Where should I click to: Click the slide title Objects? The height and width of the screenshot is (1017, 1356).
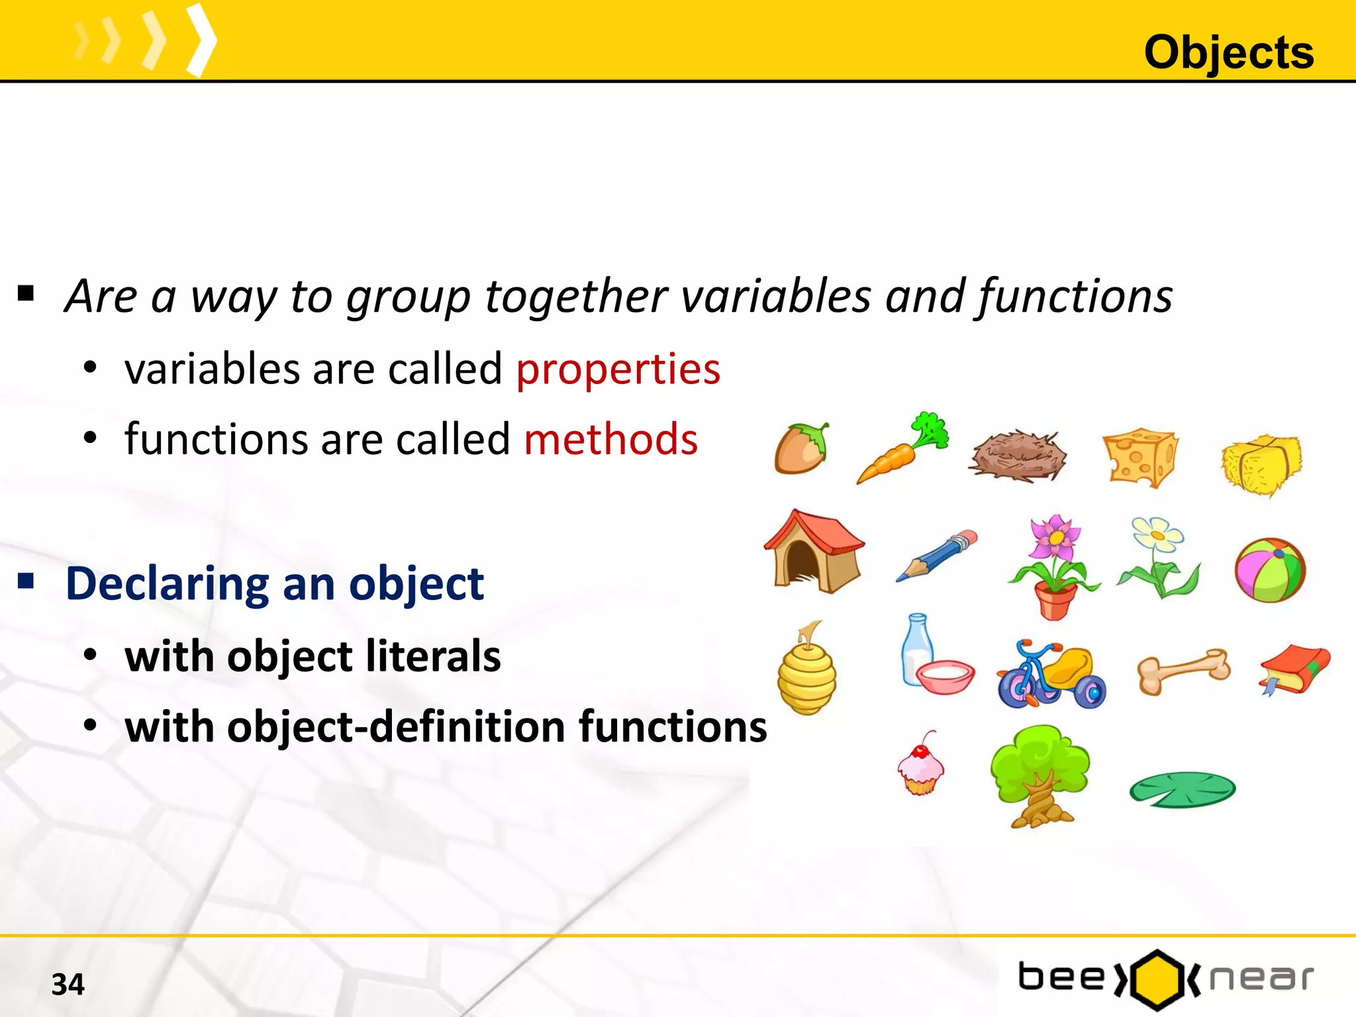(1228, 52)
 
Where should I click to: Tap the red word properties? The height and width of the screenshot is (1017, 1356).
(618, 369)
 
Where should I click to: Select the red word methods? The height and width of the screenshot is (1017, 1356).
(610, 439)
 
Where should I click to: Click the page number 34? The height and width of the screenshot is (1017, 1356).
(68, 984)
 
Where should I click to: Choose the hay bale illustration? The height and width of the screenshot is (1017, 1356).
(1261, 463)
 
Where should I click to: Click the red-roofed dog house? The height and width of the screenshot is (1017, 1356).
(814, 551)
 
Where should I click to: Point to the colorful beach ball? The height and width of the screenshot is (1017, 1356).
(1270, 570)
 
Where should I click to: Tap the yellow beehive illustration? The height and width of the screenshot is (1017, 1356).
(807, 673)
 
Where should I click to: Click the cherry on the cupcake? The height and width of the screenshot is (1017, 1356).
(920, 751)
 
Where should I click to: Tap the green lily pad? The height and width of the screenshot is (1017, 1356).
(1183, 789)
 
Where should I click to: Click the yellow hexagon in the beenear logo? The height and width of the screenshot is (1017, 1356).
(1157, 979)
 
